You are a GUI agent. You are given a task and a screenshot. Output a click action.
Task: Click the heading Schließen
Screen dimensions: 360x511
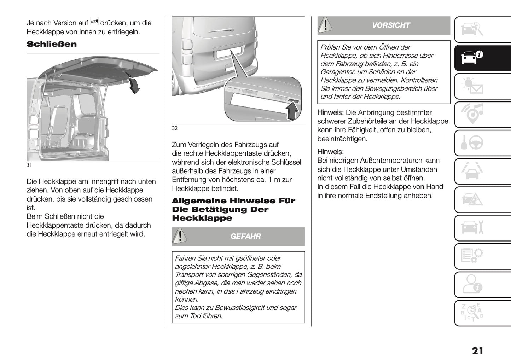coord(52,44)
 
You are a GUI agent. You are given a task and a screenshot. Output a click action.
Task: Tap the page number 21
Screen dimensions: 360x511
coord(477,350)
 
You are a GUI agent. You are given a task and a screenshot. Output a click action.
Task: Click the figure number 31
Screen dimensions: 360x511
coord(29,165)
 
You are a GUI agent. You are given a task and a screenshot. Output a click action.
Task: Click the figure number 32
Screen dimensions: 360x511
coord(175,128)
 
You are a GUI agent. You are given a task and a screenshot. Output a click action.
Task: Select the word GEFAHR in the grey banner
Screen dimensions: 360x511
coord(245,236)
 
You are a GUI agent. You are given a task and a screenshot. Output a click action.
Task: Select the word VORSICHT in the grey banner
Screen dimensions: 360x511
coord(391,25)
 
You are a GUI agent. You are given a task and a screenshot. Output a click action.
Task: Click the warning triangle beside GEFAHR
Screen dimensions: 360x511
coord(180,236)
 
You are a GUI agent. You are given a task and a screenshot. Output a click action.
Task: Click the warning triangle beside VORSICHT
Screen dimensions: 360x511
coord(325,25)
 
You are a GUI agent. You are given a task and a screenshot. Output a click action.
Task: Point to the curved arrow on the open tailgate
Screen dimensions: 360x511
coord(134,86)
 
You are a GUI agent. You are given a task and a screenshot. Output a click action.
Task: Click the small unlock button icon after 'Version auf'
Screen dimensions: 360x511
coord(94,22)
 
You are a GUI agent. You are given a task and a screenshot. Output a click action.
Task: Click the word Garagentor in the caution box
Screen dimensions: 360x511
coord(337,72)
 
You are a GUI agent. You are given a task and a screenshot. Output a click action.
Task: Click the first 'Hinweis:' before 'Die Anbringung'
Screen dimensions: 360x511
coord(330,112)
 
